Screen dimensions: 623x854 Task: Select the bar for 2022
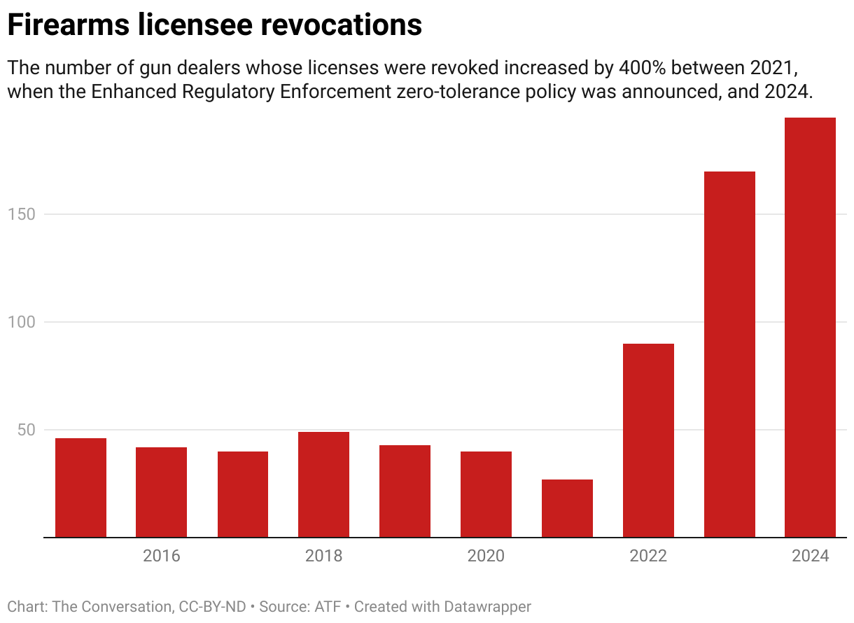tap(648, 440)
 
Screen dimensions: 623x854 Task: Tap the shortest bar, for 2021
tap(567, 508)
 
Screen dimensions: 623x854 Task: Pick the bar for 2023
tap(729, 354)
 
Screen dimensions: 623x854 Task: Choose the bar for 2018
tap(323, 484)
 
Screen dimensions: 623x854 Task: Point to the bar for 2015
tap(80, 488)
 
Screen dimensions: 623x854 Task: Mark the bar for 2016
tap(161, 492)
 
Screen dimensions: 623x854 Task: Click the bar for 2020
tap(486, 494)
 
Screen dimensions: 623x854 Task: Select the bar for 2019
tap(405, 491)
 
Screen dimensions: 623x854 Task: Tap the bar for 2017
tap(242, 494)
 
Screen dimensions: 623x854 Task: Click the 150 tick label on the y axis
tap(22, 214)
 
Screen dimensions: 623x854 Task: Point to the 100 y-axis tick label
tap(22, 322)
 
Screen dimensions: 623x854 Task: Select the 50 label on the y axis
tap(26, 430)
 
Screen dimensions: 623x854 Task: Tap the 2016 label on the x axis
tap(161, 556)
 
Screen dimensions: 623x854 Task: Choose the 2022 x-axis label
tap(648, 556)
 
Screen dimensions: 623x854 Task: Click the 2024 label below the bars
tap(810, 556)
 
